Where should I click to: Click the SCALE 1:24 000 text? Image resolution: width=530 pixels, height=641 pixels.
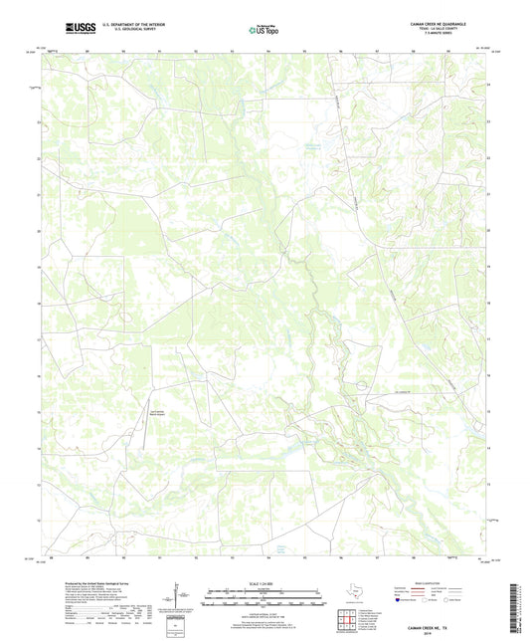265,582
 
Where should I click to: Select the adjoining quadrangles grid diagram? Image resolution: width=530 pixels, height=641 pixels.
345,622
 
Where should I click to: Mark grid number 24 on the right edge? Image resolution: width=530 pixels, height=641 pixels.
488,86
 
